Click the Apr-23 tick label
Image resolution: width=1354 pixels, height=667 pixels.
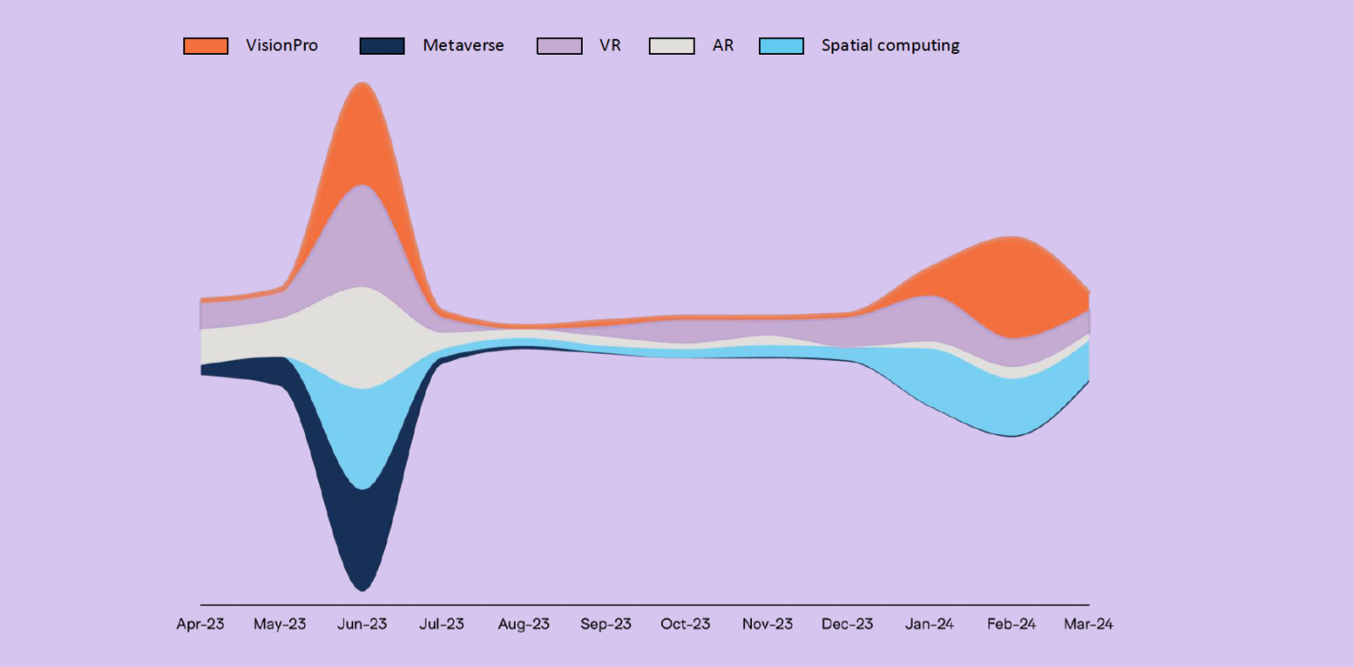[x=200, y=625]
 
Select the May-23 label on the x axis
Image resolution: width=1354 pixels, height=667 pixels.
[x=280, y=625]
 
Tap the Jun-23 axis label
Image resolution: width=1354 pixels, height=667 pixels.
[x=362, y=625]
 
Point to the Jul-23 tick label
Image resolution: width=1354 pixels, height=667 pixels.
[x=442, y=625]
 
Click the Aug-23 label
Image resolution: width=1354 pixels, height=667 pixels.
[x=524, y=625]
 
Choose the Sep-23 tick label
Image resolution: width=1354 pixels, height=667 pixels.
[x=606, y=625]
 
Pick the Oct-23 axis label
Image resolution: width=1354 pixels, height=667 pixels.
[x=686, y=625]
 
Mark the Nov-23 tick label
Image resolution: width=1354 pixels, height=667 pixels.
[x=767, y=625]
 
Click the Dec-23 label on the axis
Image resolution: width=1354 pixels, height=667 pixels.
[x=848, y=625]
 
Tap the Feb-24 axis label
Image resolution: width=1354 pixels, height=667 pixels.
[x=1011, y=625]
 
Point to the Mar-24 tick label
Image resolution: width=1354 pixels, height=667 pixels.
[x=1089, y=625]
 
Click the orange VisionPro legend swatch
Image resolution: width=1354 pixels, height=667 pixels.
[x=205, y=46]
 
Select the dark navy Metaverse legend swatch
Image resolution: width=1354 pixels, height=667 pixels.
[x=382, y=46]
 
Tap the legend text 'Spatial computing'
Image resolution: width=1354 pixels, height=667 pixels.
[x=890, y=46]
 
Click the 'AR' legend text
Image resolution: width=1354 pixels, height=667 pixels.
[x=723, y=46]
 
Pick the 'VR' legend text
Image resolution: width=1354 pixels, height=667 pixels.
[x=610, y=46]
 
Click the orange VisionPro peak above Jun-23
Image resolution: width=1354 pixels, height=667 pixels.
[x=361, y=132]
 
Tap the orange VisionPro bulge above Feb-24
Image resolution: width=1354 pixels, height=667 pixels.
[x=1005, y=282]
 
